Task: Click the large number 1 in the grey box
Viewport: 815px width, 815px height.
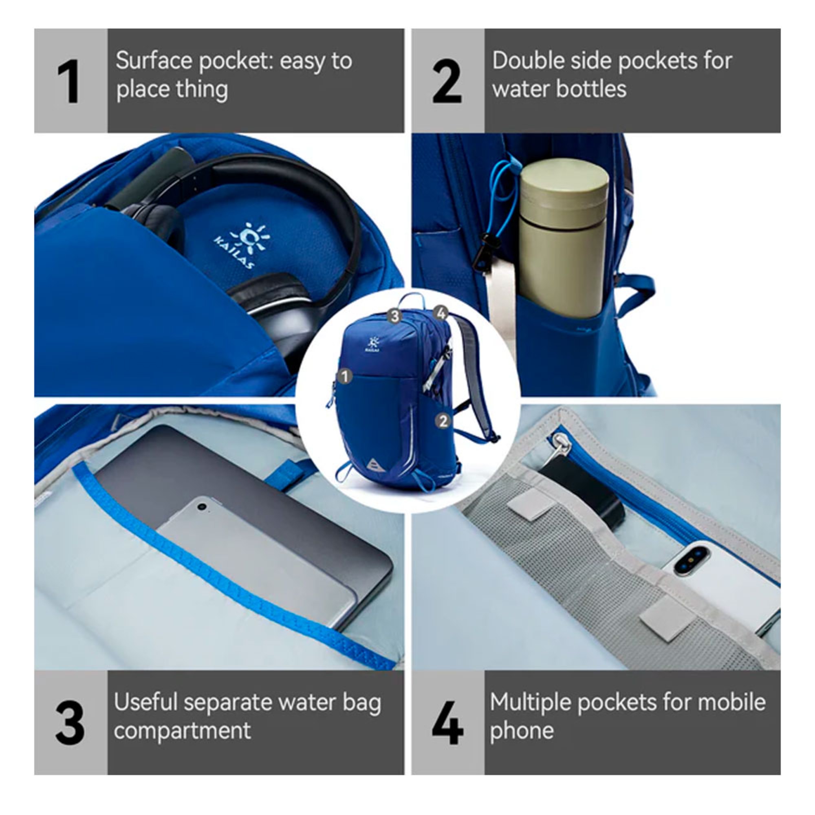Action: click(69, 81)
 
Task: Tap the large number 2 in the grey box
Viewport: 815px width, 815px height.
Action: click(447, 81)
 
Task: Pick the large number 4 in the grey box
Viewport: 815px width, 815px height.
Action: click(447, 722)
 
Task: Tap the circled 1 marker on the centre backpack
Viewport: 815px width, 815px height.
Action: click(345, 376)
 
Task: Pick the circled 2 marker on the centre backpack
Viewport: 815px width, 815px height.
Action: click(443, 421)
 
